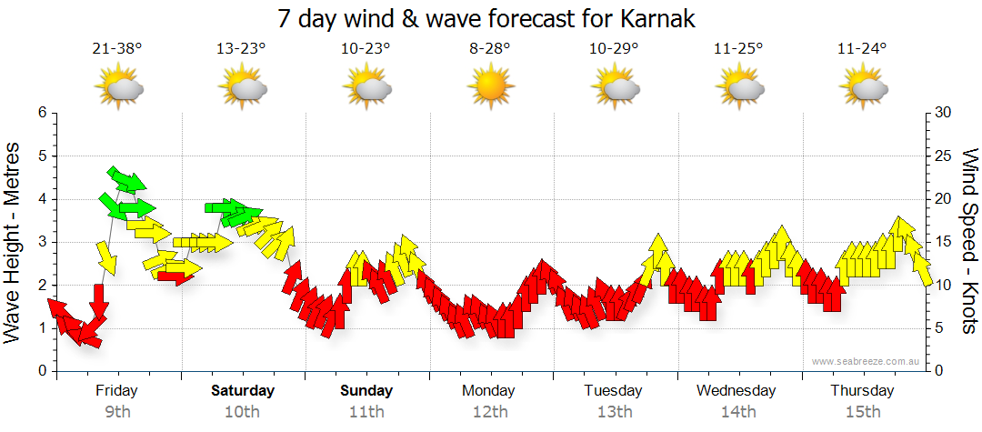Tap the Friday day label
(117, 391)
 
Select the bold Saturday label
(243, 391)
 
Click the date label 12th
(490, 412)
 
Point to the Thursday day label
(862, 391)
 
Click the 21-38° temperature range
(117, 48)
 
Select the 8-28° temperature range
(490, 48)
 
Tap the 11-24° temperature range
(862, 48)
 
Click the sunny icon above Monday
(490, 88)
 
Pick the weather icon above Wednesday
(737, 88)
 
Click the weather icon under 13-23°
(242, 88)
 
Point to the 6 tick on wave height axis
(42, 113)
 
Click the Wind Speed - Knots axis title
(968, 241)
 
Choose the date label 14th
(737, 412)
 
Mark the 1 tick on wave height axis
(42, 328)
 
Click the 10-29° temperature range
(614, 48)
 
